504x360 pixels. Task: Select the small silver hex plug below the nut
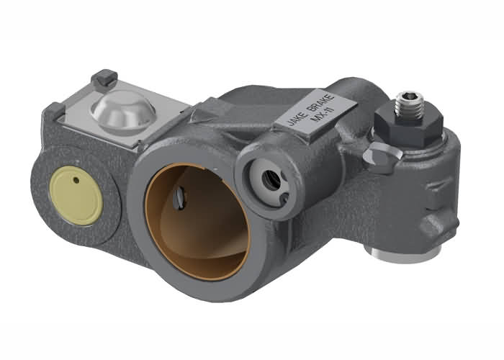point(378,153)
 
